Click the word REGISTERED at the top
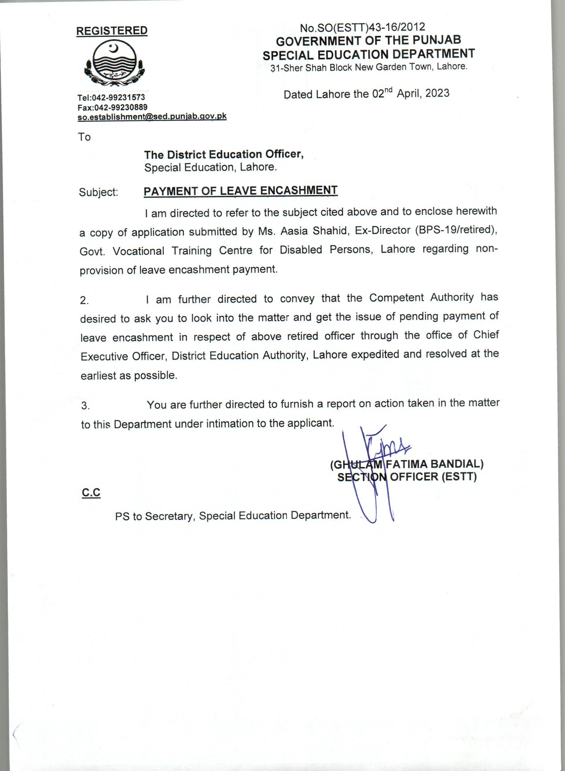point(111,31)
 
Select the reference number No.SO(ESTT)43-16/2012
point(362,27)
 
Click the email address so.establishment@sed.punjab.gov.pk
point(152,117)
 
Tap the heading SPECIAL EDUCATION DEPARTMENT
point(368,54)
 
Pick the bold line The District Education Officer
point(224,154)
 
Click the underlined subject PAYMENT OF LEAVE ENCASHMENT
point(240,191)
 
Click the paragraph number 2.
point(84,300)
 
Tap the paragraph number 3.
point(85,406)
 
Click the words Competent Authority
point(421,298)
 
